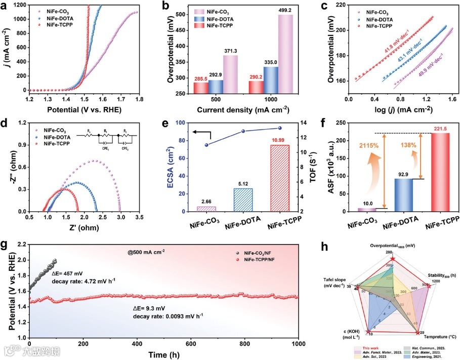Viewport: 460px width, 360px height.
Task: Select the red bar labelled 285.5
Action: (x=201, y=88)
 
